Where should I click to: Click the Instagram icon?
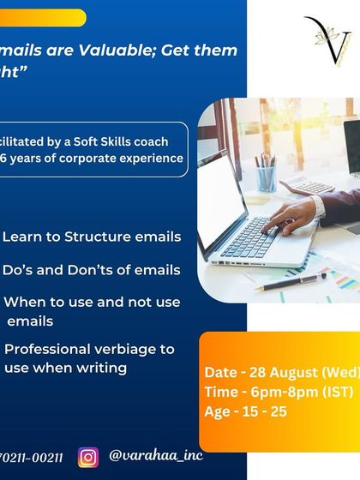click(88, 457)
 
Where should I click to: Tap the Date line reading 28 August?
click(281, 372)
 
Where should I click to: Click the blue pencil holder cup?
click(267, 178)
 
